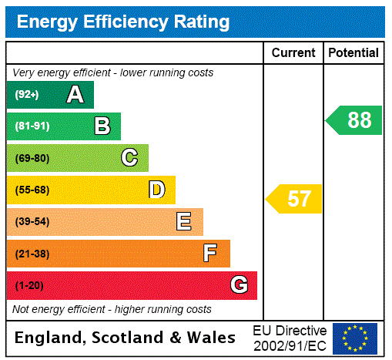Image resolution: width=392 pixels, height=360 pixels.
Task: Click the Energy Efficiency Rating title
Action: [x=123, y=22]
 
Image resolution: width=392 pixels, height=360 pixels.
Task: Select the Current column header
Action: [x=293, y=53]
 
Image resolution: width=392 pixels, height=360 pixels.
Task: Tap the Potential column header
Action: [x=353, y=53]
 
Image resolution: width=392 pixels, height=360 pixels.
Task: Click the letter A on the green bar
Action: [x=75, y=95]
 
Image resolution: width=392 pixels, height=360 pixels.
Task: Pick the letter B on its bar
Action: [x=102, y=126]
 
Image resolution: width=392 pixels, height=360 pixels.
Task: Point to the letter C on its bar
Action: [x=129, y=158]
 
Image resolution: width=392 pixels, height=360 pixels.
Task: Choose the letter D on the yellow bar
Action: [x=156, y=190]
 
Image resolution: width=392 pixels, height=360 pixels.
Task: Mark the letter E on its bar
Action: [x=184, y=222]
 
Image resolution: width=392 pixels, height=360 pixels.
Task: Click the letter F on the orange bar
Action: [x=210, y=254]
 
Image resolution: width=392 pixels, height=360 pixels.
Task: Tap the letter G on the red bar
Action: [x=239, y=285]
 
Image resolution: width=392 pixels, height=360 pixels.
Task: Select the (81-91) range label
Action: [x=32, y=126]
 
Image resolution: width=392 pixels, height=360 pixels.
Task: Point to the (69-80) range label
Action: [x=32, y=158]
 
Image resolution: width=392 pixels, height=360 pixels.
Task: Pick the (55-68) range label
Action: [x=32, y=190]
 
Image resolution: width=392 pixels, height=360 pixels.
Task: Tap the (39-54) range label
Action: [x=32, y=222]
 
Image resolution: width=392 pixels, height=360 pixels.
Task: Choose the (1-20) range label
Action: [x=29, y=285]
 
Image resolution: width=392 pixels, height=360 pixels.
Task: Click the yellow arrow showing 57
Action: [x=295, y=199]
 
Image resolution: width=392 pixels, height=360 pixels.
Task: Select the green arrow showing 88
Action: [x=355, y=120]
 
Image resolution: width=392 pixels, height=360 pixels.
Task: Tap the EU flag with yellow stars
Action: [x=355, y=338]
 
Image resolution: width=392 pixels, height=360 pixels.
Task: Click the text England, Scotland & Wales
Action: [x=126, y=338]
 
